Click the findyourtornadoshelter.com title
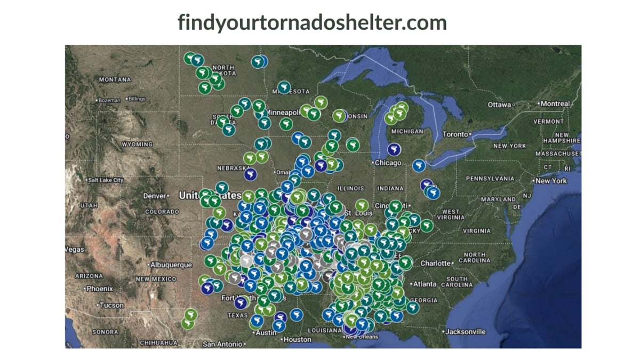pyautogui.click(x=312, y=22)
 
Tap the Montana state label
pyautogui.click(x=115, y=79)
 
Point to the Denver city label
pyautogui.click(x=155, y=196)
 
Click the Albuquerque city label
pyautogui.click(x=171, y=265)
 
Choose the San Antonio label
pyautogui.click(x=222, y=344)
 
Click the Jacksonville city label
pyautogui.click(x=465, y=332)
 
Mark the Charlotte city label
pyautogui.click(x=436, y=263)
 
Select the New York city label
pyautogui.click(x=551, y=181)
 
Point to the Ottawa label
pyautogui.click(x=500, y=105)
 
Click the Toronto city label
pyautogui.click(x=455, y=134)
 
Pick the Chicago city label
pyautogui.click(x=388, y=163)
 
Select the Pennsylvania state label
pyautogui.click(x=490, y=178)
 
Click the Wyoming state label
pyautogui.click(x=137, y=145)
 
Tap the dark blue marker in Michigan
pyautogui.click(x=394, y=149)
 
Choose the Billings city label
pyautogui.click(x=137, y=99)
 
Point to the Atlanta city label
pyautogui.click(x=425, y=284)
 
